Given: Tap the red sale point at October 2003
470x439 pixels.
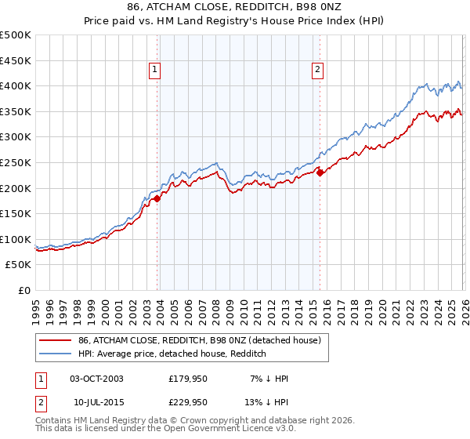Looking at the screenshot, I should [157, 198].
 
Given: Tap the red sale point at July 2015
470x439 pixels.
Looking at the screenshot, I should [320, 172].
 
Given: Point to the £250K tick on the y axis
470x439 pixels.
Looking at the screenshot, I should [16, 163].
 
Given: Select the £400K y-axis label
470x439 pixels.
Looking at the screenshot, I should [16, 86].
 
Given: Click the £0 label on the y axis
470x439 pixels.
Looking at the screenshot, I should [23, 291].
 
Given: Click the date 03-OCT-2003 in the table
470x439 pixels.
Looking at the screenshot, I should [96, 379].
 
